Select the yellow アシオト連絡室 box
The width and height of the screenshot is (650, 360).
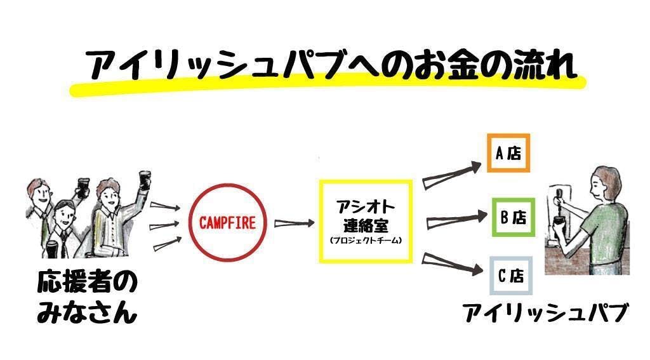click(366, 220)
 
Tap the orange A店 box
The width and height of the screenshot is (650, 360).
click(508, 153)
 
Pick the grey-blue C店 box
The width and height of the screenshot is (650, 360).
click(510, 276)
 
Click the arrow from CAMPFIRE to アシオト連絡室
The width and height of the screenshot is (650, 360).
click(294, 223)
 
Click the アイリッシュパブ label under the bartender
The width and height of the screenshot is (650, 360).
click(545, 313)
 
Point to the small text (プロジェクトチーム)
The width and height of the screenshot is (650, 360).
click(366, 241)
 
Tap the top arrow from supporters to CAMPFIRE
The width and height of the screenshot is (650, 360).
click(163, 208)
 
